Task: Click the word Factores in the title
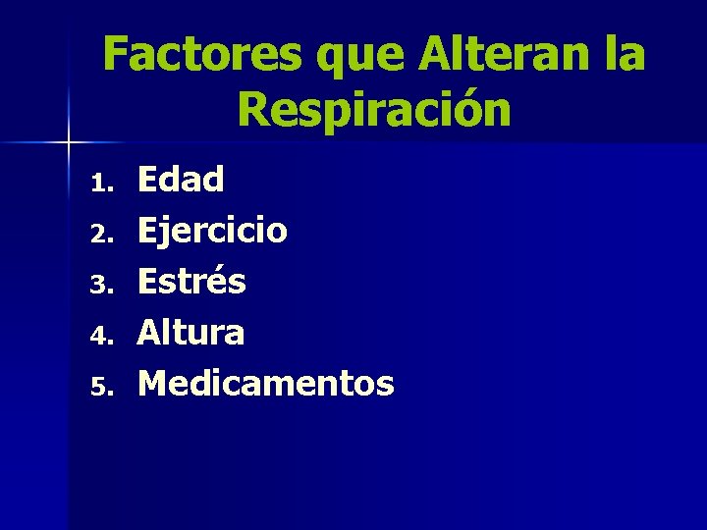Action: [x=202, y=54]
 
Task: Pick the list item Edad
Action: [x=181, y=180]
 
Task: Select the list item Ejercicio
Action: [x=212, y=232]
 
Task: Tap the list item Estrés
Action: [x=191, y=282]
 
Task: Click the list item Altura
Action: [x=190, y=333]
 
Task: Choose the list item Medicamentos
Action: [x=265, y=384]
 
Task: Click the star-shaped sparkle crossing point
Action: [x=69, y=143]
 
